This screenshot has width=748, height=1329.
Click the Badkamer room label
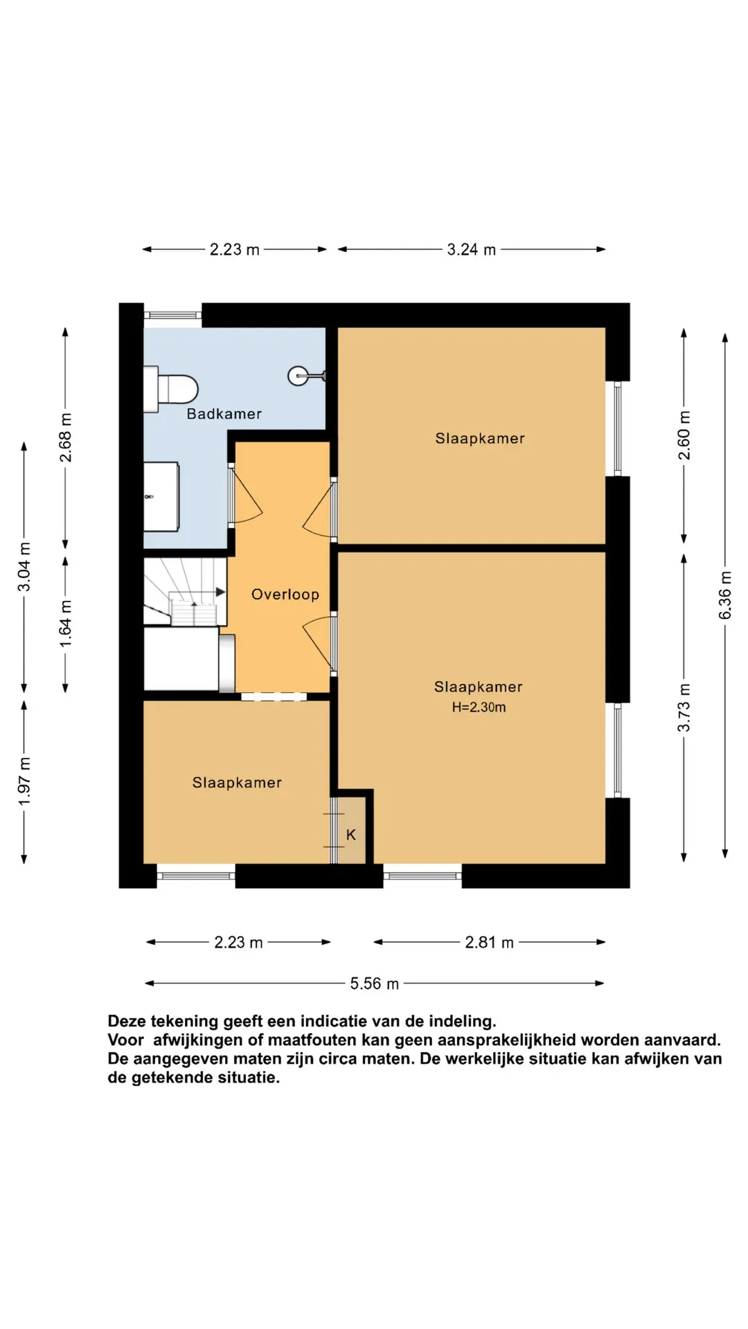point(224,414)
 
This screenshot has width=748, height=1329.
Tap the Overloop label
point(285,595)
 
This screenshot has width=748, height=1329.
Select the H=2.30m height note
point(479,707)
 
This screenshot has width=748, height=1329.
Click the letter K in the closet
point(351,835)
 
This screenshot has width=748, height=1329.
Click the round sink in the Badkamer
point(299,376)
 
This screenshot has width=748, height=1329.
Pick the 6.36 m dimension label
point(725,595)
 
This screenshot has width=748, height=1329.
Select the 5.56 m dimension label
point(374,984)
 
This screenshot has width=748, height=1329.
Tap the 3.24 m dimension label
point(471,250)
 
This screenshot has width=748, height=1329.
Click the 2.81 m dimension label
point(489,943)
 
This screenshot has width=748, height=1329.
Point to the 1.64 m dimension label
point(66,624)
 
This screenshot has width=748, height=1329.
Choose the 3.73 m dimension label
point(684,707)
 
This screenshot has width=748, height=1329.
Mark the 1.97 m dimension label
point(24,781)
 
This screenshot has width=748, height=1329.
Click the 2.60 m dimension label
point(684,435)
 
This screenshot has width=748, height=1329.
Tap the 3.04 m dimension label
point(24,567)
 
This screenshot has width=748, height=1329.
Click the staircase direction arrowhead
point(221,592)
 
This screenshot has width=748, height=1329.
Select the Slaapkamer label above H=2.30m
point(478,687)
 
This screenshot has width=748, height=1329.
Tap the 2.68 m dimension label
point(66,437)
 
